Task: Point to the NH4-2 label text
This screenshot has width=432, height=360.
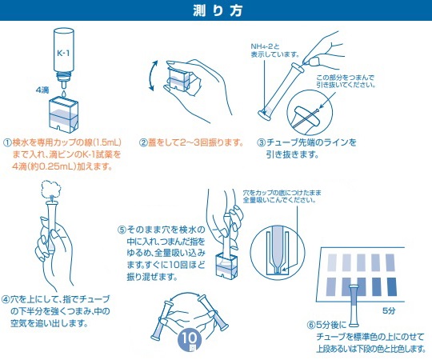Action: [x=265, y=47]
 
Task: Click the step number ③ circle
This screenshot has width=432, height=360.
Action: [x=261, y=142]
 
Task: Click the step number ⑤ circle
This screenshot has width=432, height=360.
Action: [x=122, y=230]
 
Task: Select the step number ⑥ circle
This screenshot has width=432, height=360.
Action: [x=311, y=325]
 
